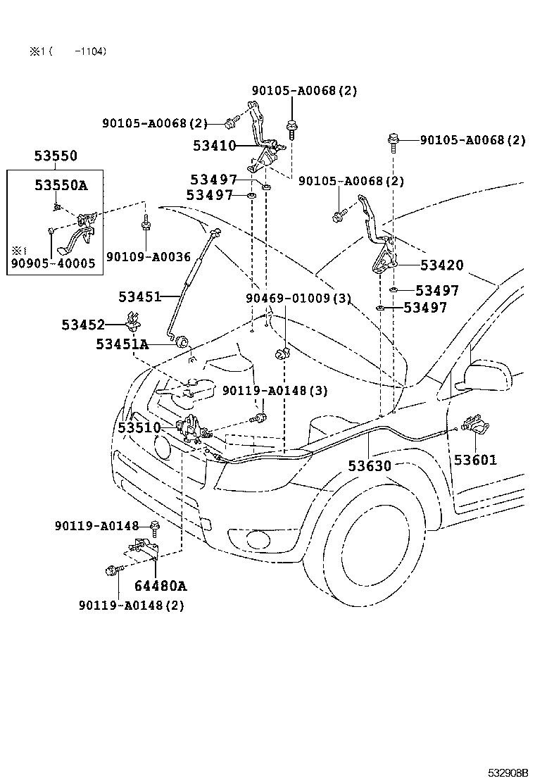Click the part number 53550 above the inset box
click(x=56, y=156)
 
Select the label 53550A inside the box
click(x=61, y=185)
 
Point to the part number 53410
click(x=215, y=146)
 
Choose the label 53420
click(x=442, y=265)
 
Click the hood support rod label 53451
click(x=140, y=296)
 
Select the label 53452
click(x=83, y=325)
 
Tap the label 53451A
click(x=122, y=344)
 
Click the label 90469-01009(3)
click(x=298, y=298)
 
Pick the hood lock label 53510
click(x=139, y=427)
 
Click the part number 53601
click(x=475, y=460)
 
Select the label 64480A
click(x=160, y=586)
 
